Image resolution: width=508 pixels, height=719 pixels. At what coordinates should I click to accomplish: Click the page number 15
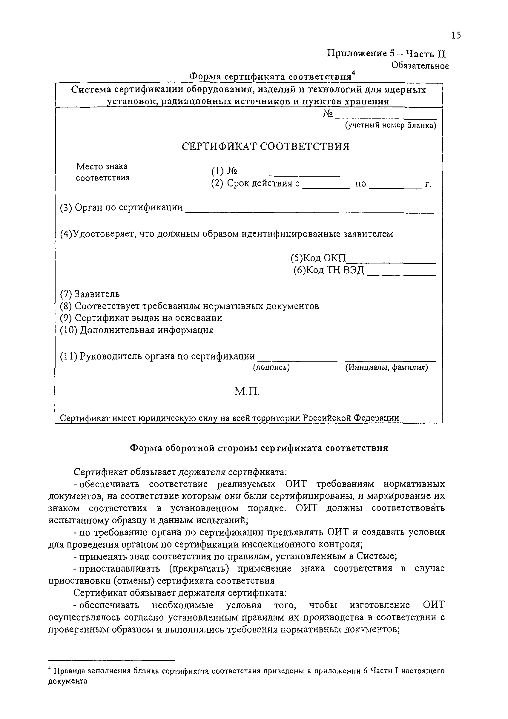tap(456, 36)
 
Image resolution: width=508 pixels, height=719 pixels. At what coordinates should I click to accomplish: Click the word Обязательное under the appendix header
tap(420, 66)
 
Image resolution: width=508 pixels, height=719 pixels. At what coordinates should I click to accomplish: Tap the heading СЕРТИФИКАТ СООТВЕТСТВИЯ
tap(265, 146)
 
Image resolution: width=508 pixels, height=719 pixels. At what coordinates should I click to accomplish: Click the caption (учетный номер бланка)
tap(390, 125)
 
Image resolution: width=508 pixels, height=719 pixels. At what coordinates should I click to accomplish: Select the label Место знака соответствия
tap(102, 172)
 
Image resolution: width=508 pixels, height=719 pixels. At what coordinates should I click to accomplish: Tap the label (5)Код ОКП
tap(318, 258)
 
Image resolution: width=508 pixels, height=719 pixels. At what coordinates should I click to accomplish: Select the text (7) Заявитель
tap(90, 294)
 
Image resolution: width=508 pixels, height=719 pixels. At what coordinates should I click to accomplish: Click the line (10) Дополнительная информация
tap(137, 330)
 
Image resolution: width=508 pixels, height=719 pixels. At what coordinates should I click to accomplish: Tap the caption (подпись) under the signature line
tap(271, 367)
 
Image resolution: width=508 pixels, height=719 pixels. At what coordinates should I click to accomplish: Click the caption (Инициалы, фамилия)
tap(386, 367)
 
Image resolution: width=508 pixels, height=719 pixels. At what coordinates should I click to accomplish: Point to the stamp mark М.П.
tap(247, 391)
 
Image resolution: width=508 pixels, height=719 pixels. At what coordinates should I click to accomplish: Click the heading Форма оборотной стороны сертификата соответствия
tap(259, 448)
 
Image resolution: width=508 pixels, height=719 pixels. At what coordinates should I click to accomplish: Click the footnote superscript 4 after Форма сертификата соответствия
tap(353, 73)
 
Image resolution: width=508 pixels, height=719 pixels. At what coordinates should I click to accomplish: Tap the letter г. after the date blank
tap(428, 184)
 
